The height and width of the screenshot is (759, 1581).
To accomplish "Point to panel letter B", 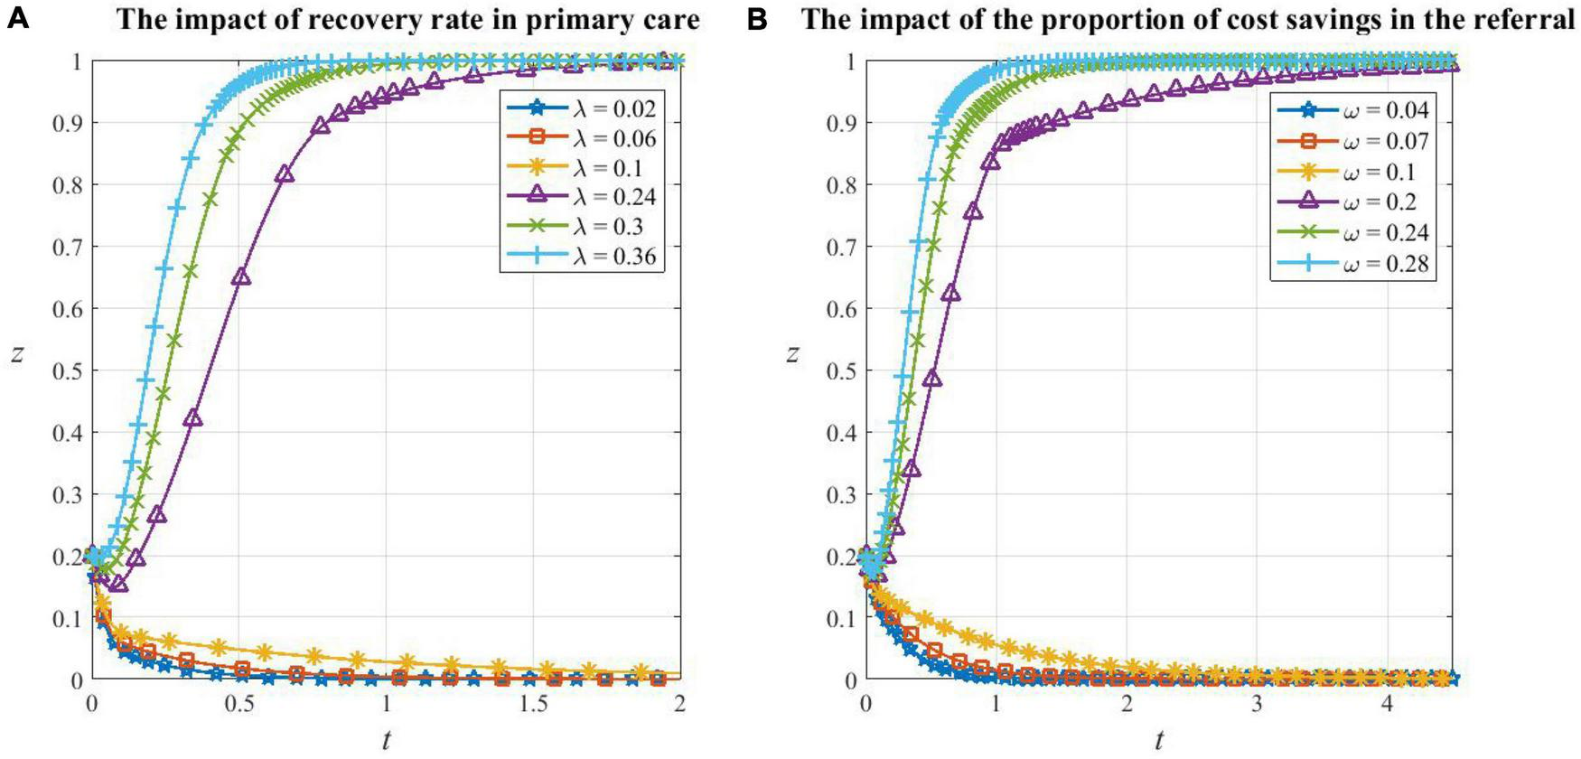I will [x=757, y=18].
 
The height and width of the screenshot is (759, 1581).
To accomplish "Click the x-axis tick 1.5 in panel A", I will [x=533, y=705].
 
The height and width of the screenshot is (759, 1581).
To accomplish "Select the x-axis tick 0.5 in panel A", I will [x=239, y=705].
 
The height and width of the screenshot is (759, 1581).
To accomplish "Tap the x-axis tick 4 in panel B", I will [x=1387, y=705].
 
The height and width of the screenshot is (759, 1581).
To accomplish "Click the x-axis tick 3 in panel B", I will [x=1257, y=705].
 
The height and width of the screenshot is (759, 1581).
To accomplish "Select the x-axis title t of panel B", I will [x=1158, y=741].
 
